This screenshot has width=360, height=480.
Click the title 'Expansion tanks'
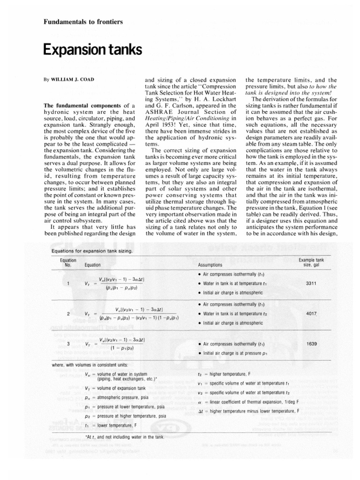tap(92, 49)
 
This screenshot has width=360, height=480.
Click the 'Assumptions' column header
tap(211, 265)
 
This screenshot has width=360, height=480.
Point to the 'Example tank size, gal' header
tap(311, 262)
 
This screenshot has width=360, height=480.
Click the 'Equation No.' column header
tap(67, 262)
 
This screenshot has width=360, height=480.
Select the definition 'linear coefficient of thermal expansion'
tap(255, 402)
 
